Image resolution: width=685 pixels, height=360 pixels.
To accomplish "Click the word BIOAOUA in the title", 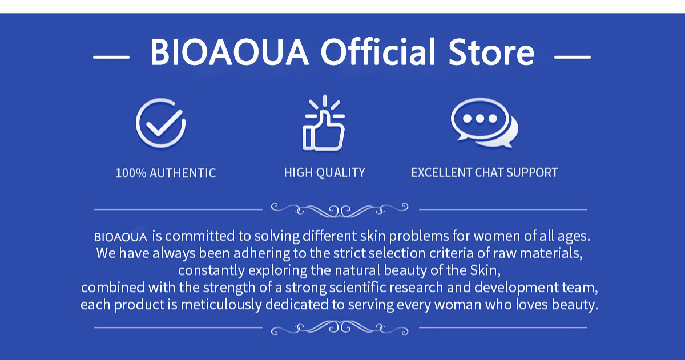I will [229, 52].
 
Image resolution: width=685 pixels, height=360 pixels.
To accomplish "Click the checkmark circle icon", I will [160, 124].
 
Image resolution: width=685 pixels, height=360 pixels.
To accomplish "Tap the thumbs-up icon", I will [324, 124].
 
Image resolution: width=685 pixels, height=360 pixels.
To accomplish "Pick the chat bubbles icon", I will [484, 124].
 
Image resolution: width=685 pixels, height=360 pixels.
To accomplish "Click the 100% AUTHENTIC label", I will [166, 173].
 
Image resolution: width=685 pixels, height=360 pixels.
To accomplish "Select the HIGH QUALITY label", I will [324, 172].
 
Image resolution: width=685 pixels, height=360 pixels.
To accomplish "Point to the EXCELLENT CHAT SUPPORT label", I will [484, 172].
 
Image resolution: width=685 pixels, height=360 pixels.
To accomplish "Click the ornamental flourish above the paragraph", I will [340, 209].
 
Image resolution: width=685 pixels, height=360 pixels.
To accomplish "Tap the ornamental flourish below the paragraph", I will [340, 327].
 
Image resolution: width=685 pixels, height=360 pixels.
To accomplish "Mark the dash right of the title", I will [572, 57].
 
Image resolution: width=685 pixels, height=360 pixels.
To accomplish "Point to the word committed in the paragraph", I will [199, 236].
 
